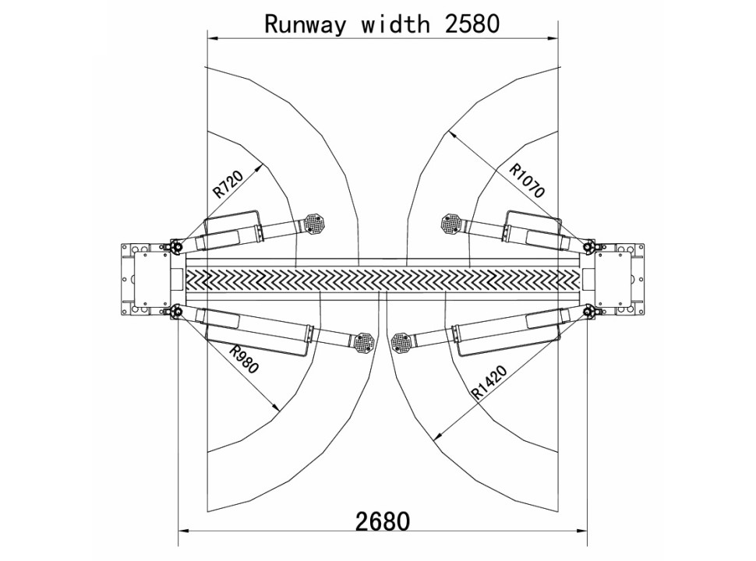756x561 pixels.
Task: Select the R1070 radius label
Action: [x=528, y=181]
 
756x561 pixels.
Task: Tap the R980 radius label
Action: [x=243, y=359]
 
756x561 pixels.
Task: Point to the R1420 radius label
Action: [x=489, y=383]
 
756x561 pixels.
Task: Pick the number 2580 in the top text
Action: [x=472, y=23]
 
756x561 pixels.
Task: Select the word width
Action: [x=395, y=23]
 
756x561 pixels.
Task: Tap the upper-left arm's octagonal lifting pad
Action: [x=316, y=223]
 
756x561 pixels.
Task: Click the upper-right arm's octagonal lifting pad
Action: [x=452, y=223]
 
